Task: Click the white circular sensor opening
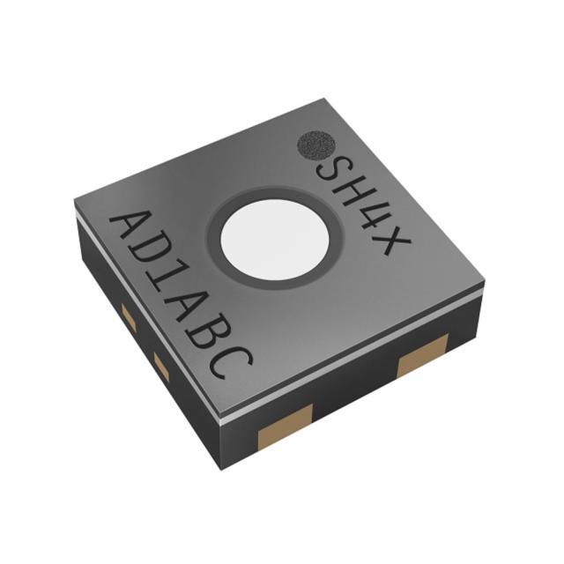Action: click(275, 239)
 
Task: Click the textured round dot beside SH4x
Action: click(315, 145)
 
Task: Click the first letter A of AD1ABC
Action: click(135, 226)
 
